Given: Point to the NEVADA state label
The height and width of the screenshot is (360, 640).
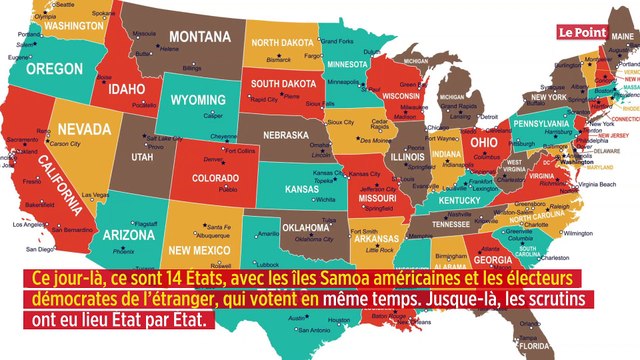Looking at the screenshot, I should coord(83,129).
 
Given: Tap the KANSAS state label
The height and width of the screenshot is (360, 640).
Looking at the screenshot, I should coord(309,187).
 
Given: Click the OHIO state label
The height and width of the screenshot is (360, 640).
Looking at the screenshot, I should coord(476,141).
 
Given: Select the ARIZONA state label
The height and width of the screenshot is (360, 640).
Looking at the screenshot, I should coord(129,234).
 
